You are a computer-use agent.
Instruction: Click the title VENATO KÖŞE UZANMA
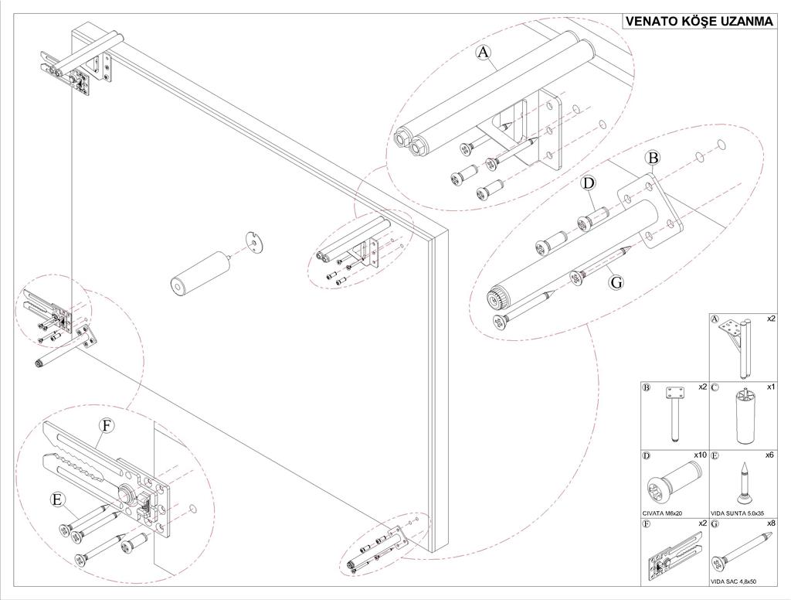point(699,22)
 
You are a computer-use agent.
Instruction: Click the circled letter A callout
point(484,53)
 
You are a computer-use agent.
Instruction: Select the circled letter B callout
point(653,159)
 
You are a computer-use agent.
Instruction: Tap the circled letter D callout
point(589,183)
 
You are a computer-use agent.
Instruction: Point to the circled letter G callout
point(616,283)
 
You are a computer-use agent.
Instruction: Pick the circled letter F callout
point(107,426)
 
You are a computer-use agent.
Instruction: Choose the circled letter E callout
point(56,499)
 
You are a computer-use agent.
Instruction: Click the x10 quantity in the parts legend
point(701,455)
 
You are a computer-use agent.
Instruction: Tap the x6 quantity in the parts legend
point(769,455)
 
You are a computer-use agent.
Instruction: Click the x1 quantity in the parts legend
point(770,387)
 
